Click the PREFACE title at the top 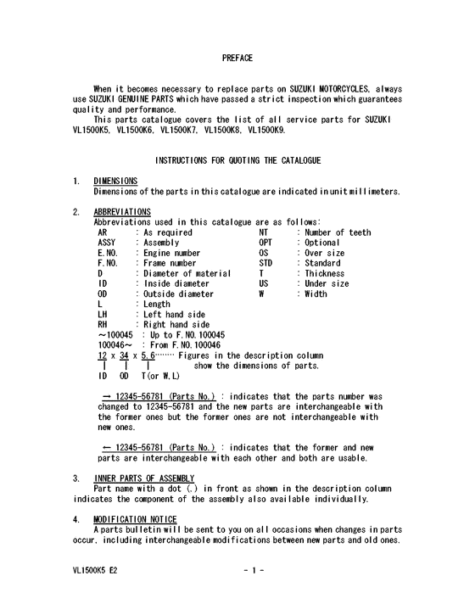coord(237,58)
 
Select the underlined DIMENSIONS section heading coord(116,181)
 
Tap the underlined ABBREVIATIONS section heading coord(122,211)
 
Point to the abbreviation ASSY coord(107,243)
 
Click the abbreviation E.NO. coord(107,253)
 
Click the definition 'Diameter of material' coord(187,273)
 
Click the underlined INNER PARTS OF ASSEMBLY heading coord(144,478)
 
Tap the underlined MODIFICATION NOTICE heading coord(136,518)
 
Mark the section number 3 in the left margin coord(76,478)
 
